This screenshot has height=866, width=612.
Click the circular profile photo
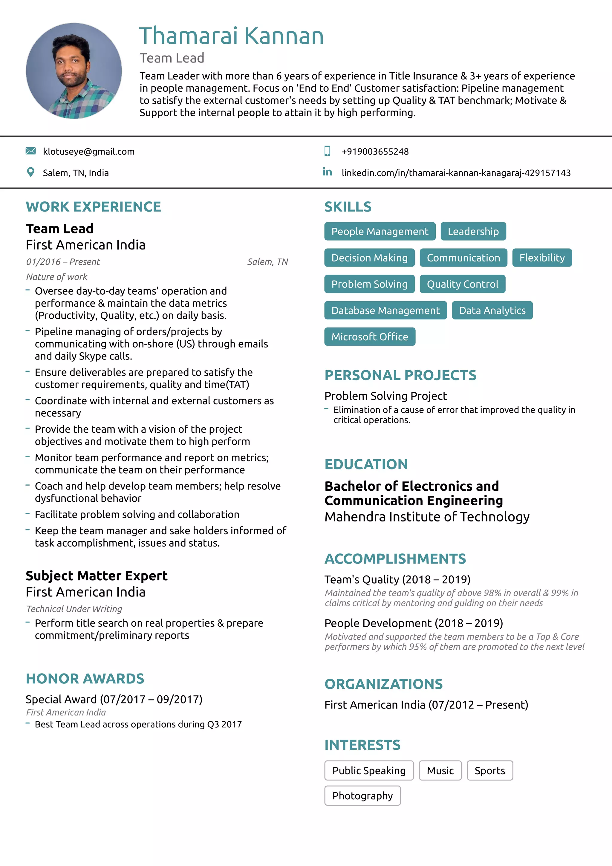click(74, 71)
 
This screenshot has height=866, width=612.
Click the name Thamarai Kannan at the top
click(231, 36)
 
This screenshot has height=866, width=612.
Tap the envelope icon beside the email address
click(30, 151)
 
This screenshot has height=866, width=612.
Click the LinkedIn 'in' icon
click(327, 172)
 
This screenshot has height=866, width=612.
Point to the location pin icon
click(30, 172)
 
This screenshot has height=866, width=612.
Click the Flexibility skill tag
click(541, 258)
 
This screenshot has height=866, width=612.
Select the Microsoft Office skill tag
click(370, 336)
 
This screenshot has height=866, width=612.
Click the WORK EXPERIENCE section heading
click(93, 207)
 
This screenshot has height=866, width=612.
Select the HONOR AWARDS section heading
click(85, 679)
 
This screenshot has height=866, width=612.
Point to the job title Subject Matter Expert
click(97, 576)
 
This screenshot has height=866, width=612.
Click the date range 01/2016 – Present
click(63, 262)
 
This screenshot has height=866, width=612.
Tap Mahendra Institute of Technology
click(426, 517)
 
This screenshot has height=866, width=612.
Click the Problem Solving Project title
click(385, 396)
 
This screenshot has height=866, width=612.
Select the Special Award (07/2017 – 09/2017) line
click(114, 699)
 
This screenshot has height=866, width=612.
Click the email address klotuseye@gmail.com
click(89, 152)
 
